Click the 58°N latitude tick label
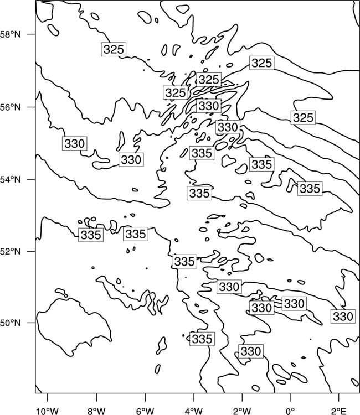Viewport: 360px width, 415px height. (x=10, y=34)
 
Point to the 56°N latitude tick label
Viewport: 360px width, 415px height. (x=10, y=107)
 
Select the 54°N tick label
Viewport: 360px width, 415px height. (x=10, y=179)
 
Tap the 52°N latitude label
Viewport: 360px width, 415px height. (x=10, y=251)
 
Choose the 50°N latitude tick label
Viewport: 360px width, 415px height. (x=10, y=323)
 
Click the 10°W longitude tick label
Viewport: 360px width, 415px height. (x=48, y=411)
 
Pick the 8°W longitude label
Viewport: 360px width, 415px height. (x=96, y=411)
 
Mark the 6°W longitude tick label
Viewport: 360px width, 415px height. (x=145, y=411)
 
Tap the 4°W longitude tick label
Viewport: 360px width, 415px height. (x=194, y=411)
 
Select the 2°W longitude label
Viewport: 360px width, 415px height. (x=242, y=411)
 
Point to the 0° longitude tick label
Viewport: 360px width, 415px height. (x=291, y=411)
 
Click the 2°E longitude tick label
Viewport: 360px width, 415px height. (x=339, y=411)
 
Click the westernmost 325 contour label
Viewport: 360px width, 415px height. (x=114, y=49)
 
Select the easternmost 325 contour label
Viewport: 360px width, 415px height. (x=304, y=117)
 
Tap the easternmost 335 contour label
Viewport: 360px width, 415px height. (x=310, y=189)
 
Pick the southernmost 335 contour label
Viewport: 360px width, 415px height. (x=202, y=339)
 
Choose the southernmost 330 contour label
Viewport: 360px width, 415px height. (x=251, y=351)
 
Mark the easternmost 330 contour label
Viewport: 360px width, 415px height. (x=343, y=317)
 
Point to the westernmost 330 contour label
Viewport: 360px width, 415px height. (x=75, y=143)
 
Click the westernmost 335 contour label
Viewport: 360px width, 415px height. (x=91, y=235)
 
